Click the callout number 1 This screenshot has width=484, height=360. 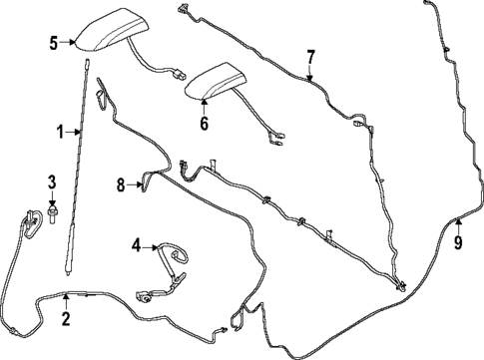59,131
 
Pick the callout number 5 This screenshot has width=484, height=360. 54,42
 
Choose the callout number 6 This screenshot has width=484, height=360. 204,124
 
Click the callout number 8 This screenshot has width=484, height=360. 121,184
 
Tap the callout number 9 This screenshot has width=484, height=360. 458,241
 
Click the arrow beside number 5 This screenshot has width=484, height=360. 69,42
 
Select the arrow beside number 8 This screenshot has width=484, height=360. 135,184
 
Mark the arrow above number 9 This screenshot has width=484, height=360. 458,224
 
